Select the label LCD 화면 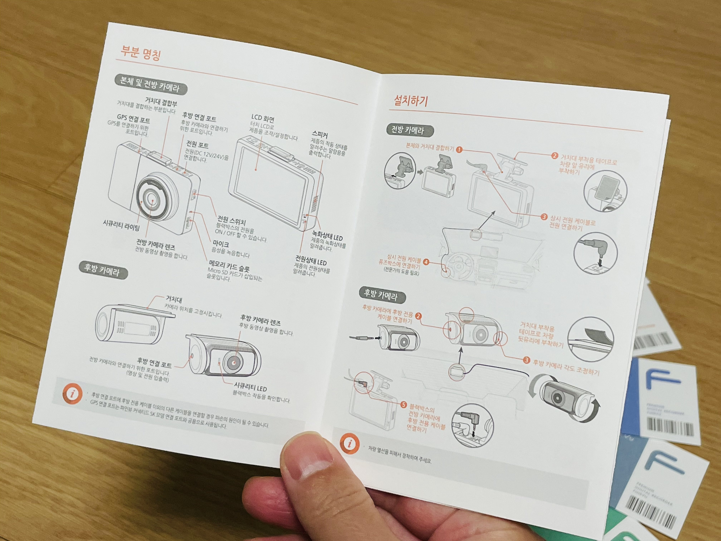point(263,118)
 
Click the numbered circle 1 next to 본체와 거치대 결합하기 point(459,150)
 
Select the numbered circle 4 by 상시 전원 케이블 point(426,262)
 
